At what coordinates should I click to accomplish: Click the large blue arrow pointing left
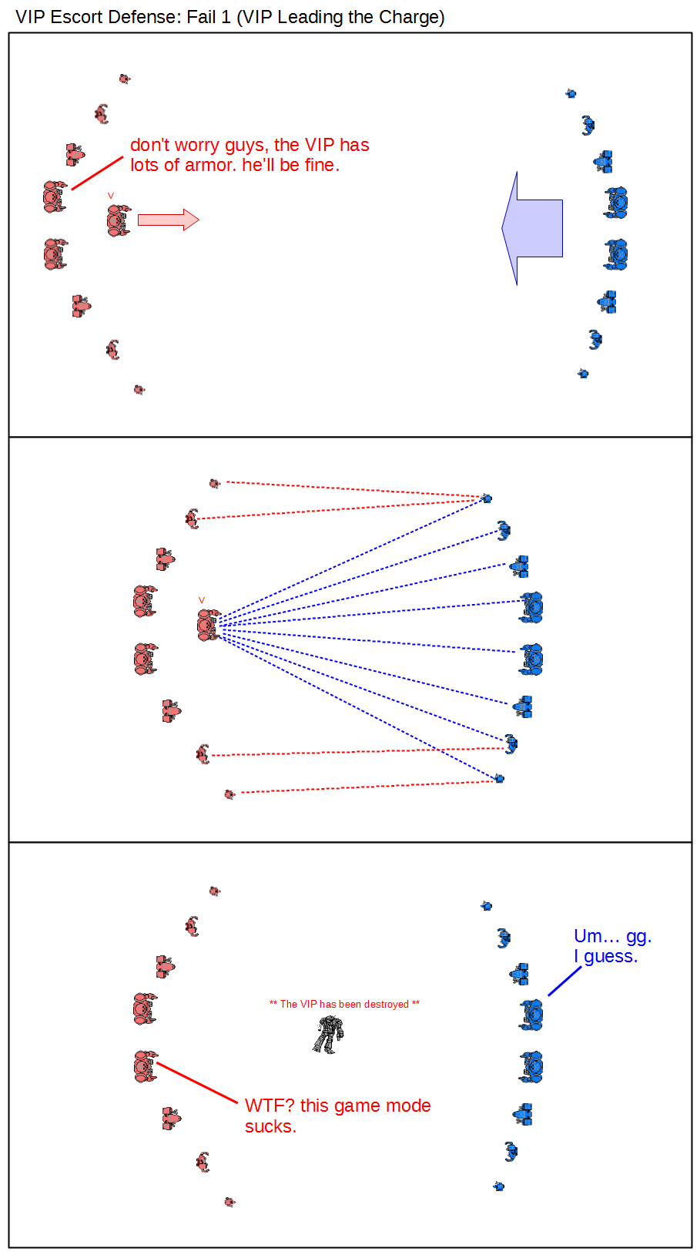[532, 229]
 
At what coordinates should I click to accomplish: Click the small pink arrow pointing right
[169, 220]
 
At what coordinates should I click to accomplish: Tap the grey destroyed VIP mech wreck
[328, 1034]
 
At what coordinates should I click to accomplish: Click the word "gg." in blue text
[638, 937]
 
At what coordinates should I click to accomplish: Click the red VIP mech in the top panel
[119, 220]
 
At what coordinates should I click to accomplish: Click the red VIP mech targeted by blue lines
[209, 625]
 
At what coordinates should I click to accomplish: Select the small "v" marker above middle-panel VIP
[202, 600]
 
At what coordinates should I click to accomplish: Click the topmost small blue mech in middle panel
[487, 498]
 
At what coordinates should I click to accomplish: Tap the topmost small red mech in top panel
[124, 79]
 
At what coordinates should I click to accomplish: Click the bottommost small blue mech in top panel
[583, 373]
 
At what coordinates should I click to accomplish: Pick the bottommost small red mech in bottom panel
[229, 1202]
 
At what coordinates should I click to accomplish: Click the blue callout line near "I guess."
[565, 981]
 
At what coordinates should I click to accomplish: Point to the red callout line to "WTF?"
[197, 1082]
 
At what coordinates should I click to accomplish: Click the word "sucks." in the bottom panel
[270, 1126]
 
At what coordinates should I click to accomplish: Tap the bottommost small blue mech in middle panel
[499, 778]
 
